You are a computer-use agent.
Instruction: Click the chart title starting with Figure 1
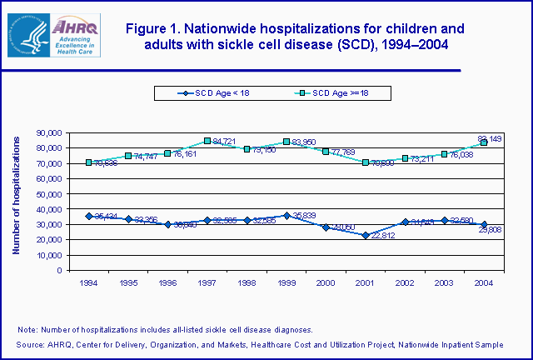point(295,37)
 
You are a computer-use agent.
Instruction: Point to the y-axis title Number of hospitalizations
point(16,200)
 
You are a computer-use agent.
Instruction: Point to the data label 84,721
point(227,142)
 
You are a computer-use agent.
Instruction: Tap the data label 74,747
point(148,157)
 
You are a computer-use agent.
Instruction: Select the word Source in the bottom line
point(30,344)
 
